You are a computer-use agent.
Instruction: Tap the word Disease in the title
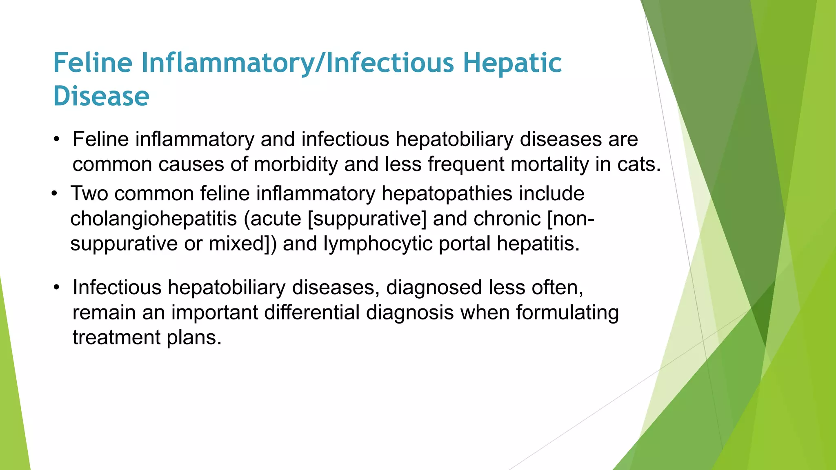click(101, 96)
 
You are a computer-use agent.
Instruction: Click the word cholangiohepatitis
click(153, 219)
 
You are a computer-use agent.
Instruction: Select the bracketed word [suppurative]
click(367, 219)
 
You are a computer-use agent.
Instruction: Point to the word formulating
click(567, 313)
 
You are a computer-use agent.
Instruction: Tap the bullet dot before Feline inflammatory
click(57, 140)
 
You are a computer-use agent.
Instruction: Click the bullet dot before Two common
click(55, 194)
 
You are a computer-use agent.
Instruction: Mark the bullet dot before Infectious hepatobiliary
click(57, 288)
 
